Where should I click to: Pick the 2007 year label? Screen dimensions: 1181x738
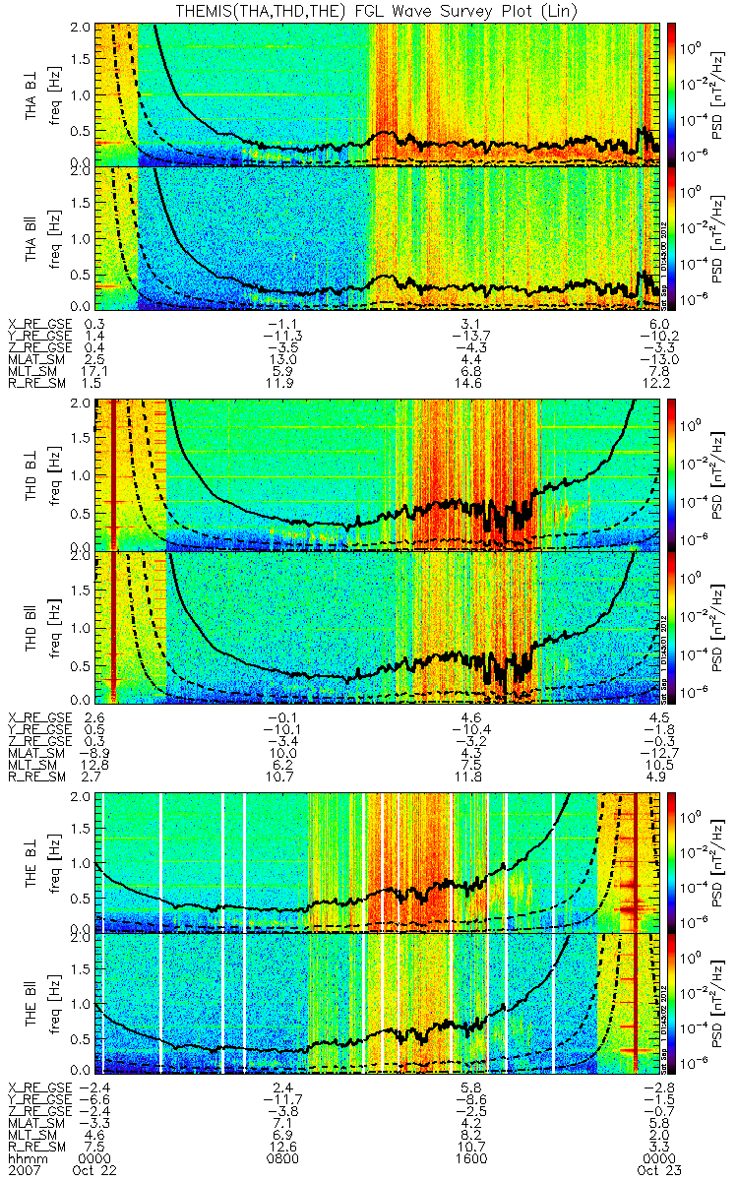pyautogui.click(x=24, y=1170)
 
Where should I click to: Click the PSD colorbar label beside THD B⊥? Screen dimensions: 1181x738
pyautogui.click(x=716, y=473)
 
